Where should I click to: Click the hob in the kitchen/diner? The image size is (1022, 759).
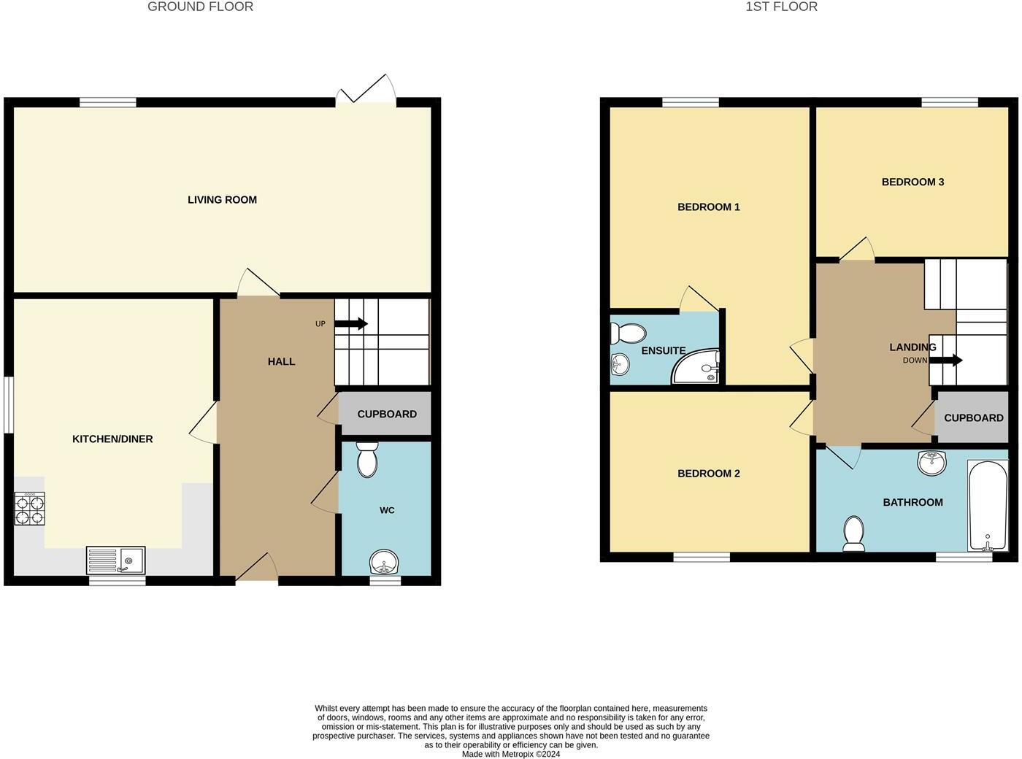pos(30,509)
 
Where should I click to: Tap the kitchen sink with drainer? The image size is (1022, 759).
pos(116,560)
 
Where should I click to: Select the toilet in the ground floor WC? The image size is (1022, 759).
pos(366,460)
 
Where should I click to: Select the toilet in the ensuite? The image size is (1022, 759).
pos(627,334)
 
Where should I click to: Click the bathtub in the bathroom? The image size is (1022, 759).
pos(988,505)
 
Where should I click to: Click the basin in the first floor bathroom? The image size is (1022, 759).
pos(931,462)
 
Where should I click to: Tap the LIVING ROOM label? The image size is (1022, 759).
pos(222,200)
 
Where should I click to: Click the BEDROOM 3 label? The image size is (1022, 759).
pos(912,182)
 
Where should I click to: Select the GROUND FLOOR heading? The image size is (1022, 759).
pos(200,7)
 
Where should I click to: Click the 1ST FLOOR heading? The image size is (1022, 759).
pos(781,7)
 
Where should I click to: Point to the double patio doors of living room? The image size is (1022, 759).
pos(366,94)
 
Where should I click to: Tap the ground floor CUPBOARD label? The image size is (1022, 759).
pos(387,414)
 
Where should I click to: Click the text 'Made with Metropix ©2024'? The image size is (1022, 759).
pos(511,754)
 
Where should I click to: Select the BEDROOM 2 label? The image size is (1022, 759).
pos(708,474)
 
